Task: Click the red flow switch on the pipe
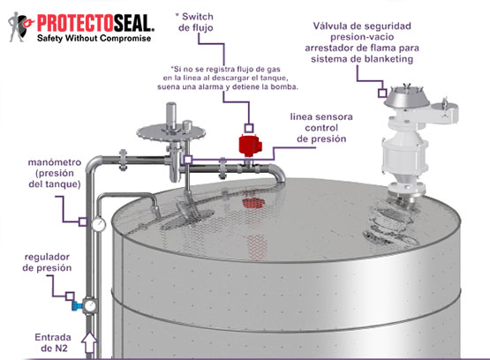coord(250,146)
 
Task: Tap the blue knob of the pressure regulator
coord(76,306)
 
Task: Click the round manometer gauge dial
coord(99,224)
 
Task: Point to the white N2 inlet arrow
coord(90,342)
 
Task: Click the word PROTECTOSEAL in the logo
coord(95,24)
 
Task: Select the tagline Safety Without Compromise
coord(94,39)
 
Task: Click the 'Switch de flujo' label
coord(196,22)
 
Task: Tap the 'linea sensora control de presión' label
coord(321,128)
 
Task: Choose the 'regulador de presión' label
coord(47,262)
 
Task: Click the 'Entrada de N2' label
coord(53,342)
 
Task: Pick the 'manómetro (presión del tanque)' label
coord(55,173)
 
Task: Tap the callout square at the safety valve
coord(382,93)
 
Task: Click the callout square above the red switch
coord(249,128)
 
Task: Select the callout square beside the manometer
coord(83,221)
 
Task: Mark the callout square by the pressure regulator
coord(70,296)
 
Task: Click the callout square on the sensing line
coord(187,160)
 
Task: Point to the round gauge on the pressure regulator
coord(90,305)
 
